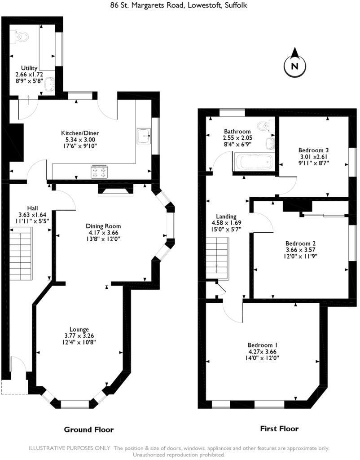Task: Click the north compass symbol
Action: click(x=294, y=66)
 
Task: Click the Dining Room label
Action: click(x=104, y=226)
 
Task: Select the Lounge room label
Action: click(x=79, y=329)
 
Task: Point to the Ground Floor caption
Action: click(x=89, y=429)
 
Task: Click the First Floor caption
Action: click(x=279, y=429)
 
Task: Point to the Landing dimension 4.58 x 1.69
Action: click(x=226, y=223)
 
